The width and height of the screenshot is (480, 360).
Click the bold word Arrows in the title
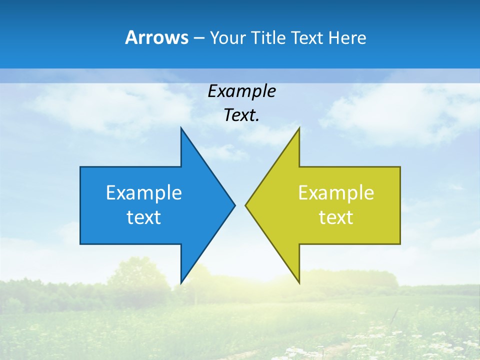156,37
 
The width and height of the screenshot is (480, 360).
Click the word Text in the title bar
307,38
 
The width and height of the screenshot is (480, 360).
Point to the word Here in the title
347,38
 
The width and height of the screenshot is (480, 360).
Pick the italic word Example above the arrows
241,91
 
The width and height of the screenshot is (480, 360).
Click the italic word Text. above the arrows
241,115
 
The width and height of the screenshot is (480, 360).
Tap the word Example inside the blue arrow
144,192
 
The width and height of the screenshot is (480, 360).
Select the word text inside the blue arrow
144,217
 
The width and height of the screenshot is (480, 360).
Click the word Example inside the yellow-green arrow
336,192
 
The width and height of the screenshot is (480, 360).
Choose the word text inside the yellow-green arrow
336,217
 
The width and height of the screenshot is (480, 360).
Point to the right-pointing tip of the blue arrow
235,205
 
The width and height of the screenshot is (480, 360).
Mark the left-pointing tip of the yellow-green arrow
245,205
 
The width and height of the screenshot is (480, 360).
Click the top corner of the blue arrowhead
181,128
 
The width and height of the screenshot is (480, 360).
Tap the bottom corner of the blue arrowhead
181,283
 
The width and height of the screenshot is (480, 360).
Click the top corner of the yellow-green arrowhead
299,128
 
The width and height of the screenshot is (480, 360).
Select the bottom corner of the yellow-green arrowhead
299,283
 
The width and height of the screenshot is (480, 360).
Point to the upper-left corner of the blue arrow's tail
80,167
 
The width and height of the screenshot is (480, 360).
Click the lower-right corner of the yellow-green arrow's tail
400,244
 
